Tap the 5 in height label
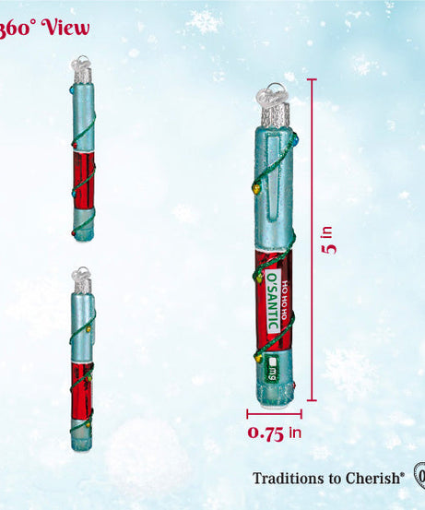coord(328,240)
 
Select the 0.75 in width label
coord(275,433)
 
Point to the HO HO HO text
coord(284,300)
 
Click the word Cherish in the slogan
coord(373,479)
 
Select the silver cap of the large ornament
coord(276,115)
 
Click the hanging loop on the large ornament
coord(273,94)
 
